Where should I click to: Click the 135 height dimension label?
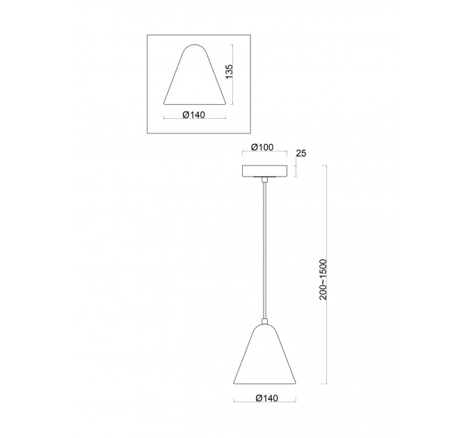230,72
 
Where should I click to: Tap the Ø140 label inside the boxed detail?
193,115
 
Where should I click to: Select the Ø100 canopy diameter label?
262,147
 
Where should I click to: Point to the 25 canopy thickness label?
301,153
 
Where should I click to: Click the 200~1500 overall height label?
323,279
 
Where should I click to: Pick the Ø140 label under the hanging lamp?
266,398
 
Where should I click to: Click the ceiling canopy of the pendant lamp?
264,170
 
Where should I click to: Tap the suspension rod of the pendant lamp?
264,250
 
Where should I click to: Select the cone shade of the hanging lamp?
265,355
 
